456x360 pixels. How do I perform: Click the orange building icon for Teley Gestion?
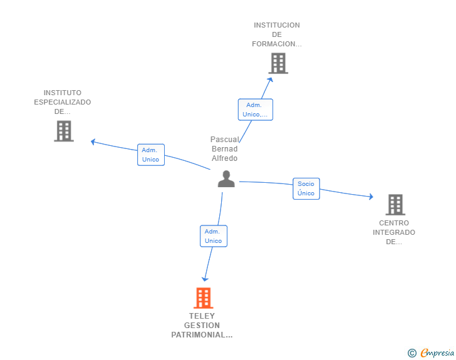204,298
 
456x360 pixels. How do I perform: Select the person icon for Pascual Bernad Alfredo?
226,179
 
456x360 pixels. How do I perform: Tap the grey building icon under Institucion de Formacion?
278,63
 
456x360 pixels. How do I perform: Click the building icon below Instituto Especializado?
64,131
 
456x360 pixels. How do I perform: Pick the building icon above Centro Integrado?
395,205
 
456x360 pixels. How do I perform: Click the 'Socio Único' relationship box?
306,188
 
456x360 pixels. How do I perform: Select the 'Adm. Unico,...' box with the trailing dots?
256,110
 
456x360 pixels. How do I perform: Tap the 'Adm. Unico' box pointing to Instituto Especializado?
151,155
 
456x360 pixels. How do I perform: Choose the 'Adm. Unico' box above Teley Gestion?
214,236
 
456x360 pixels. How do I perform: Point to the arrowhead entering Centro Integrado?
371,197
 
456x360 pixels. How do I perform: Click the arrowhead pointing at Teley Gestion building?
205,279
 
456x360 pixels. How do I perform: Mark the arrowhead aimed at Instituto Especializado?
93,142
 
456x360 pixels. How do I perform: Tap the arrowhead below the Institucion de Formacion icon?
270,80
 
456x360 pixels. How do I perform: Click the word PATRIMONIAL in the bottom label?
199,335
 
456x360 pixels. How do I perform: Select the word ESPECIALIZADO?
63,102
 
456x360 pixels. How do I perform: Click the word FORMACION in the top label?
274,44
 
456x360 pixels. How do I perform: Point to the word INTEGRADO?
394,232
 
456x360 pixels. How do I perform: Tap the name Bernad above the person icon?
224,149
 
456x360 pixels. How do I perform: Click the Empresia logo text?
437,352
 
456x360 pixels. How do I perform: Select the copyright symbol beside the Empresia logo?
412,353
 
